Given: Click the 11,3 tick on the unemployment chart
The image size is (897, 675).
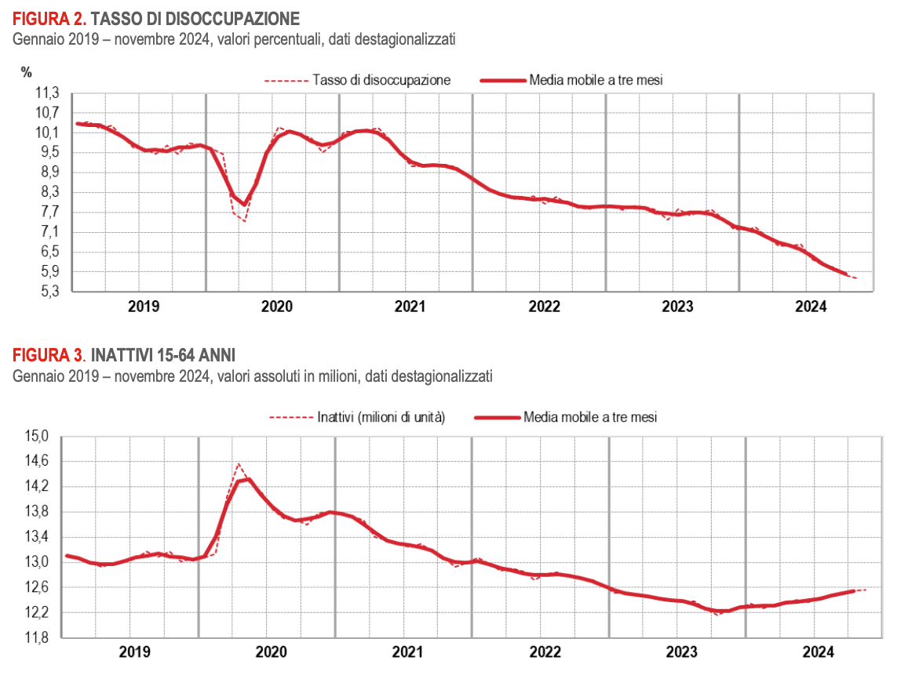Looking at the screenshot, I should (48, 93).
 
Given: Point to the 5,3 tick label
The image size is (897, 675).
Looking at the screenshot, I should (48, 292).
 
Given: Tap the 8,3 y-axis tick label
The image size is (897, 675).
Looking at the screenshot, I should (48, 193).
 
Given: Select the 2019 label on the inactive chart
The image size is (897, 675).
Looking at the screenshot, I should (134, 652).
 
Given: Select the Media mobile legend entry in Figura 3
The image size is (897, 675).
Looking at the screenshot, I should (589, 418).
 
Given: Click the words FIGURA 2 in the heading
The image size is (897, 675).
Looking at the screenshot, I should (48, 17).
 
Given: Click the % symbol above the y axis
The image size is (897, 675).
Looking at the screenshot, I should (27, 73).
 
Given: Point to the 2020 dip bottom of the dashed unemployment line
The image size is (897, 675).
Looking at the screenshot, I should (245, 221).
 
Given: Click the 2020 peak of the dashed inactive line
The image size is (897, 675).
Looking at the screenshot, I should (239, 463).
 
